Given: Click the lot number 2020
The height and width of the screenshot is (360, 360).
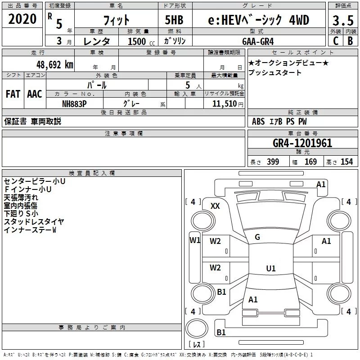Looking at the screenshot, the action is (x=22, y=19).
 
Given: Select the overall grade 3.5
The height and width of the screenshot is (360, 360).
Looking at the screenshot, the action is (x=343, y=21).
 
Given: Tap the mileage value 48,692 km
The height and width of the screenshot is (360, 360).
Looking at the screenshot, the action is (x=55, y=65).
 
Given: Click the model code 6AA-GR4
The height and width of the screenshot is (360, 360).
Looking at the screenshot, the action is (x=258, y=41).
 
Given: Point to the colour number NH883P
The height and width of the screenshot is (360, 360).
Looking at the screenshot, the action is (x=74, y=104).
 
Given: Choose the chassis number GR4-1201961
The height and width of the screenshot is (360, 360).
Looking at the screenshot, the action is (x=302, y=143).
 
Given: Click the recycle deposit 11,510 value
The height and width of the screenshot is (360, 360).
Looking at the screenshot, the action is (x=225, y=103).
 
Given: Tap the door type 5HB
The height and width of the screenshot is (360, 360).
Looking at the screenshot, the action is (x=174, y=20).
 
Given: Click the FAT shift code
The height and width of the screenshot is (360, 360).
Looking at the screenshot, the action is (x=13, y=94).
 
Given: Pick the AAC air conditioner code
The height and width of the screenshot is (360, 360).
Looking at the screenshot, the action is (x=35, y=94).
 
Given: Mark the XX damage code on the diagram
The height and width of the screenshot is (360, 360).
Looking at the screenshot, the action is (x=215, y=206).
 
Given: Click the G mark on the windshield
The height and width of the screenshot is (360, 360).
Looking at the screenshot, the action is (x=257, y=237).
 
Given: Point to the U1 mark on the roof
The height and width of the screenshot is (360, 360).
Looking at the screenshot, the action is (x=271, y=268).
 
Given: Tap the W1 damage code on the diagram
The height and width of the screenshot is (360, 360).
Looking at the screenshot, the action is (x=195, y=240).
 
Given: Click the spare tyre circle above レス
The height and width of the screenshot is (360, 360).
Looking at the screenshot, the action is (x=197, y=328).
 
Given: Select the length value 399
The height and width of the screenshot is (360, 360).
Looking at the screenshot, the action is (x=273, y=162).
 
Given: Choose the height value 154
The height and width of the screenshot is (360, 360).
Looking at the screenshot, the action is (x=346, y=162).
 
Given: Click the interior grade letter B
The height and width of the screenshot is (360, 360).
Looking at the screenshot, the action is (x=351, y=41).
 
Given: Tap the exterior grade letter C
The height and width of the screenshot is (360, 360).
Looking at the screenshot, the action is (x=336, y=41).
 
